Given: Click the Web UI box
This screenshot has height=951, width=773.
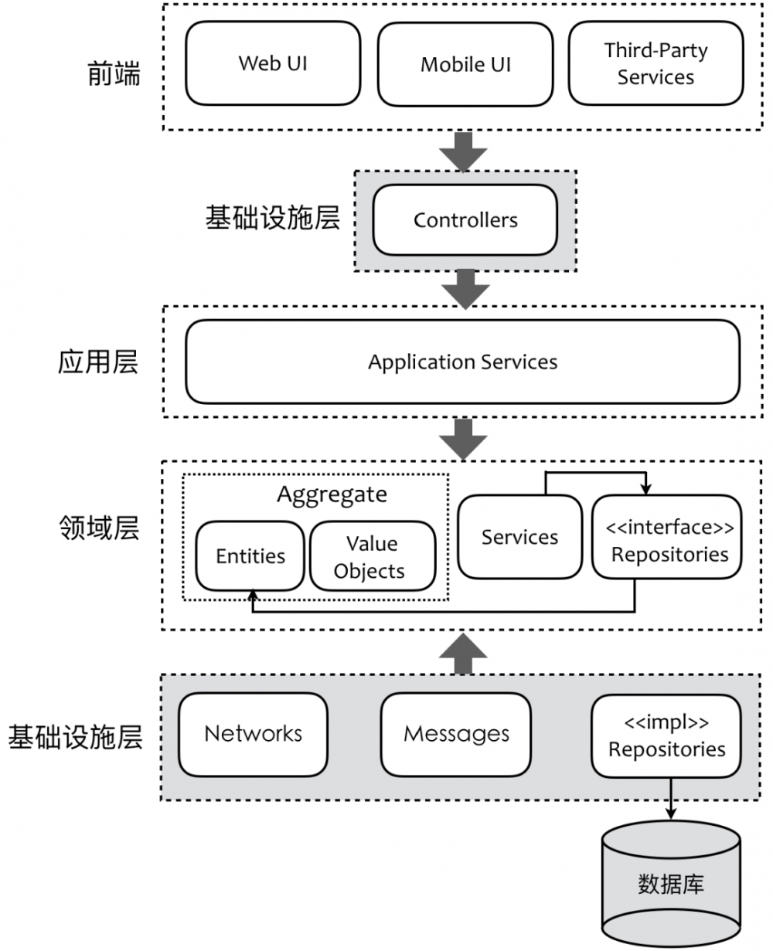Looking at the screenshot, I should coord(273,63).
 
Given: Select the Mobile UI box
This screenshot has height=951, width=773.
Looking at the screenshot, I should coord(465,64).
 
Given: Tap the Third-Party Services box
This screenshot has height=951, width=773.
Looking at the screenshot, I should coord(655,64).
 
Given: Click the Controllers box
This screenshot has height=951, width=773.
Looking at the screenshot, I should coord(465,220).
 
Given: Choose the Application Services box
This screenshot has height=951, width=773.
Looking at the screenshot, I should coord(462,362).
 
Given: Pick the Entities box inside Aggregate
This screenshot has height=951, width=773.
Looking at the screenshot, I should coord(250,556).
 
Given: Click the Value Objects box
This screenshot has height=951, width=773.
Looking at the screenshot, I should coord(372,557).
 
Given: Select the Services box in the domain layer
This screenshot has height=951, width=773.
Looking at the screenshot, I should coord(519,537).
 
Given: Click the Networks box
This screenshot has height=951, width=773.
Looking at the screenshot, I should coord(253,734).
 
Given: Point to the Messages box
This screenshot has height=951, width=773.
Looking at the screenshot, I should coord(456,734).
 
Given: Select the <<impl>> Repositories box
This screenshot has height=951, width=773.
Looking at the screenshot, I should coord(666,735).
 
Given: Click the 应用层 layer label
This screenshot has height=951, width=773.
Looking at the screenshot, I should coord(98,362).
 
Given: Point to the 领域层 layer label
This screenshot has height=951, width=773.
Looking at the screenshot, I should coord(98,529).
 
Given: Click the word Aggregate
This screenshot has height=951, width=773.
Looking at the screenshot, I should coord(332,494).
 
